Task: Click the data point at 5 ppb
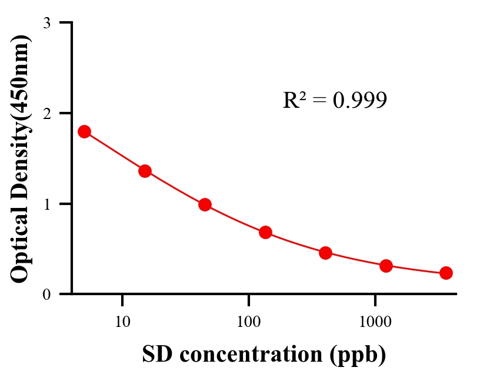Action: [84, 131]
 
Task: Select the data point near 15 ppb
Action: [145, 171]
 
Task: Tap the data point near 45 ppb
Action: [205, 204]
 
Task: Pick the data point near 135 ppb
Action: [265, 232]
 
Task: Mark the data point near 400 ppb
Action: [325, 253]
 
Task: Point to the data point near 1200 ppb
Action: [386, 266]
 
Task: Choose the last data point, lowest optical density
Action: [446, 273]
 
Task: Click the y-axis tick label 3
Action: [46, 24]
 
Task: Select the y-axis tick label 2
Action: [46, 114]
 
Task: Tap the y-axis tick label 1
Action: [46, 204]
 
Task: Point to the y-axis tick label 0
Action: [46, 295]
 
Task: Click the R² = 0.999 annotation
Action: [335, 100]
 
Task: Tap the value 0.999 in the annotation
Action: [359, 101]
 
